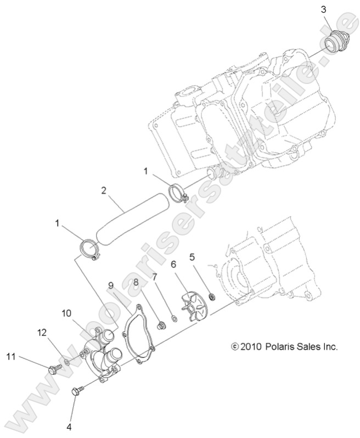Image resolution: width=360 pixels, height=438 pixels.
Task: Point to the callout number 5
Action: (x=192, y=256)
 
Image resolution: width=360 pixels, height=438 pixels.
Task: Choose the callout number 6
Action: (x=173, y=264)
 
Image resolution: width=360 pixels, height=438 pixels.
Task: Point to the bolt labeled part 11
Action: (x=54, y=369)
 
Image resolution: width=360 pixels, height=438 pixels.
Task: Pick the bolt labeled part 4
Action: (x=77, y=391)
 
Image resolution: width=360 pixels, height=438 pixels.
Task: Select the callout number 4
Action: (x=70, y=425)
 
